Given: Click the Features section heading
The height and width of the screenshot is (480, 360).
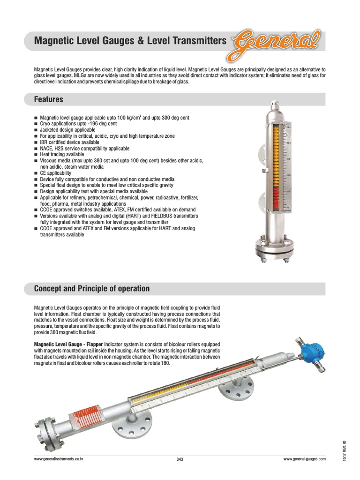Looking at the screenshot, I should tap(48, 100).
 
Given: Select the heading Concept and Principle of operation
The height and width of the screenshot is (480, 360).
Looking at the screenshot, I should tap(92, 288).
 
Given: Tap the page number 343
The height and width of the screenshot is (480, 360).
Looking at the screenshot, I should tap(180, 459).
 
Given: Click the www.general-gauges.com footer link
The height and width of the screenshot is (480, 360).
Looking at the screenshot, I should tap(304, 459).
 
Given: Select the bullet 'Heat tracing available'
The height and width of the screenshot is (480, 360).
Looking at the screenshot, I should tap(62, 154).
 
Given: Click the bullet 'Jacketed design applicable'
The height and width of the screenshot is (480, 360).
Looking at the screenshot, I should tap(67, 130).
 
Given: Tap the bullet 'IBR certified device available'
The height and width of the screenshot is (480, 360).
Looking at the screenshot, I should tap(70, 142).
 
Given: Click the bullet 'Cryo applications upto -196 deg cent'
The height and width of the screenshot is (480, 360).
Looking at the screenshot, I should tap(78, 124).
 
